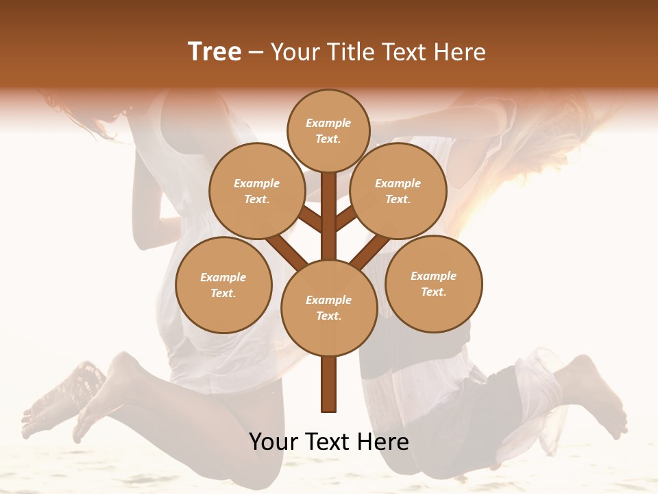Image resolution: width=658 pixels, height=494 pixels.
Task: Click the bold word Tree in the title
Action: point(215,52)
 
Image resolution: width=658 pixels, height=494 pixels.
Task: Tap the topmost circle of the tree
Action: point(328,130)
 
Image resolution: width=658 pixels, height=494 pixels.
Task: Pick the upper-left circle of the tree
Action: point(257,191)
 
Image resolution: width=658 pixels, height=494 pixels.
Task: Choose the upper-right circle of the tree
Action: point(398,191)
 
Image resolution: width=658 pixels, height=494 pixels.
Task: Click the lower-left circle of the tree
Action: point(223,285)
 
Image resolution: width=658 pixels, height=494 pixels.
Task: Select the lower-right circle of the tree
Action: point(434,283)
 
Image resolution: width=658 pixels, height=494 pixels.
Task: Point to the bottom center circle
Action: point(329,307)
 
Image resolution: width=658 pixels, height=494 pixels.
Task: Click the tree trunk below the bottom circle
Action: point(329,384)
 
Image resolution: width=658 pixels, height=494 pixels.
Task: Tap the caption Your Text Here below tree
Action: point(329,442)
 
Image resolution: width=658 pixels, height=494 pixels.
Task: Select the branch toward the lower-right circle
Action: point(370,250)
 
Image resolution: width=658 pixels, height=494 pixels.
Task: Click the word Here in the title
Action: point(463,52)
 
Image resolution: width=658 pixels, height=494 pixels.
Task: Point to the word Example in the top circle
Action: point(328,123)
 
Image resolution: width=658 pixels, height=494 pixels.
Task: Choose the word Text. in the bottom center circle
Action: point(328,316)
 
